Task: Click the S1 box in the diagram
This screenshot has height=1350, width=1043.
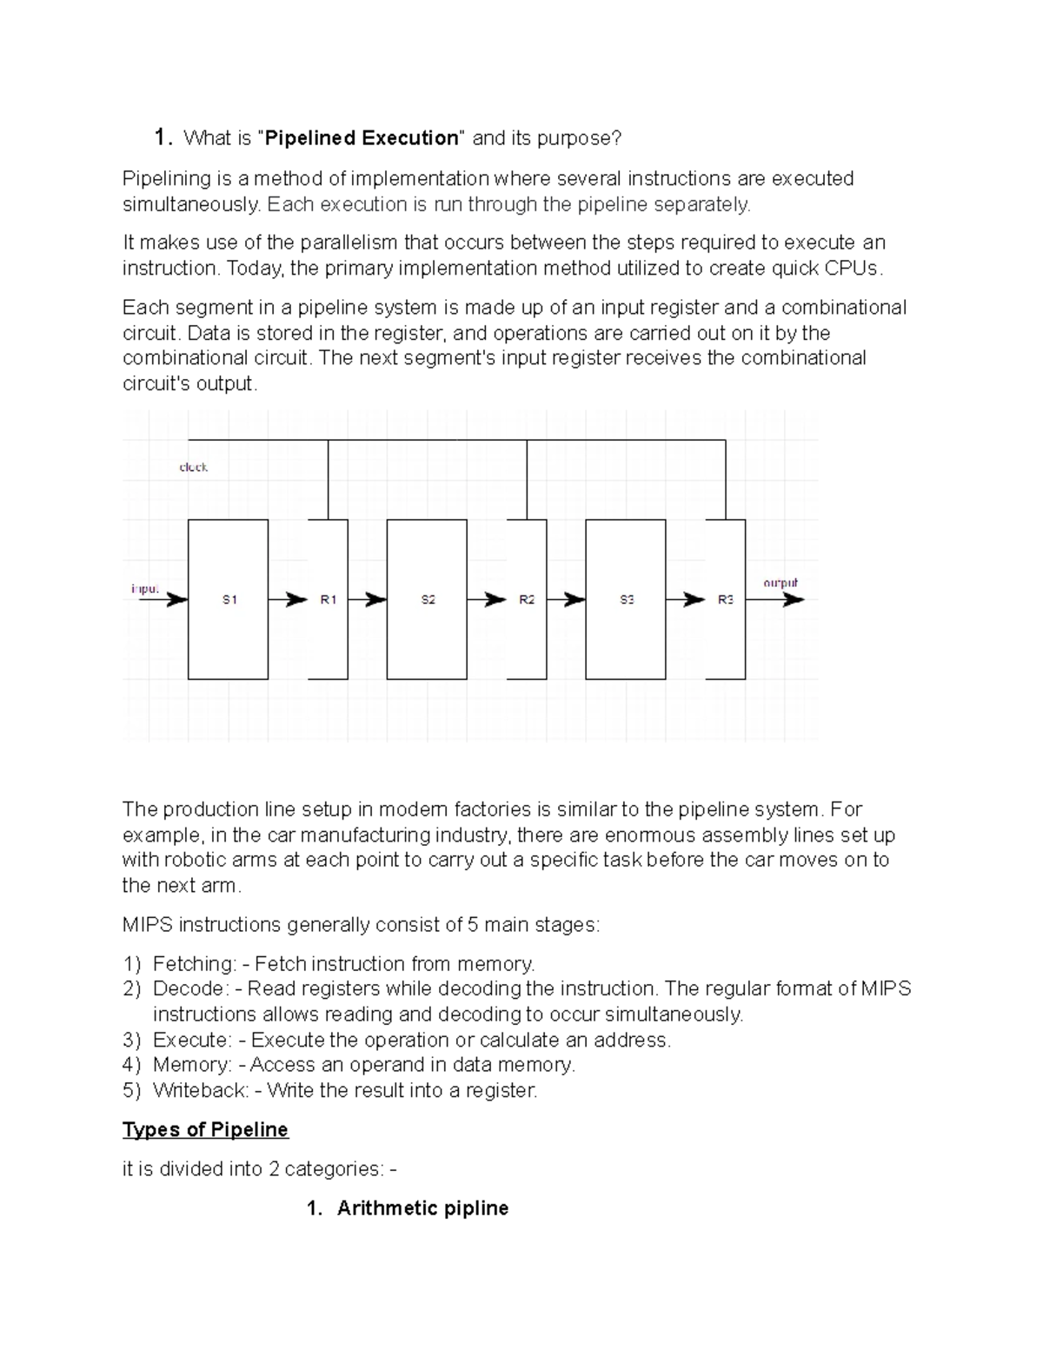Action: click(x=228, y=599)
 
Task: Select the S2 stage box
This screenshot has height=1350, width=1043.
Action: click(x=427, y=599)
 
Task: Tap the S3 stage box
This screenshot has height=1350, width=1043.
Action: click(x=626, y=599)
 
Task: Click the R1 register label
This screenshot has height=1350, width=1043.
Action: click(x=328, y=599)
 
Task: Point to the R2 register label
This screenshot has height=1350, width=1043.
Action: click(x=527, y=599)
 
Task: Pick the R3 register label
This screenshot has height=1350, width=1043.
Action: click(x=726, y=599)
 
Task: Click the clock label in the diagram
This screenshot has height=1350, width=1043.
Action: click(x=193, y=468)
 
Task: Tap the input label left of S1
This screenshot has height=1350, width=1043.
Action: click(x=145, y=589)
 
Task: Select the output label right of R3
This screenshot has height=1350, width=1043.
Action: click(x=780, y=582)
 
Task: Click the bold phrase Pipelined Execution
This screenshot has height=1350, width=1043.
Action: click(x=362, y=138)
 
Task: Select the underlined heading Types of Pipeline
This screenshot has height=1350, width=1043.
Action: click(x=205, y=1129)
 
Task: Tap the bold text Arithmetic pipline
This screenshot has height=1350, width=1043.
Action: click(x=422, y=1207)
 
